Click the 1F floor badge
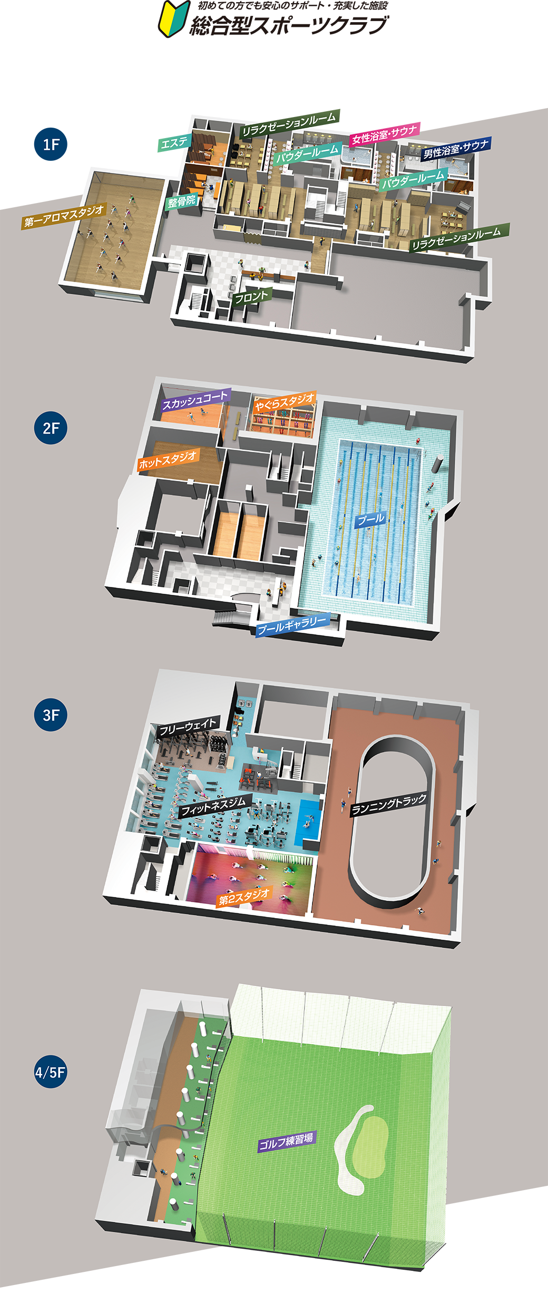click(x=51, y=144)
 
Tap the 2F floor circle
click(x=51, y=428)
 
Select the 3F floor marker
click(x=51, y=714)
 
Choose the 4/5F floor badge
click(x=51, y=1072)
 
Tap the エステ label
click(x=174, y=142)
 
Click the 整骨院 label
click(x=182, y=201)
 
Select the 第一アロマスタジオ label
click(x=64, y=216)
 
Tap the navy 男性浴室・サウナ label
click(x=456, y=149)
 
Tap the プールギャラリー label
click(x=292, y=625)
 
